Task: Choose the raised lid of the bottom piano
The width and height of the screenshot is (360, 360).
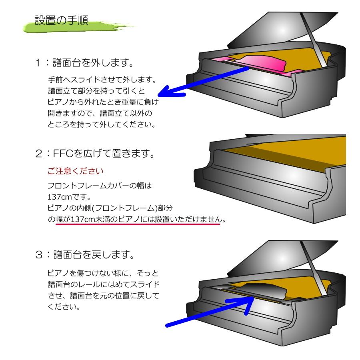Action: coord(276,256)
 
